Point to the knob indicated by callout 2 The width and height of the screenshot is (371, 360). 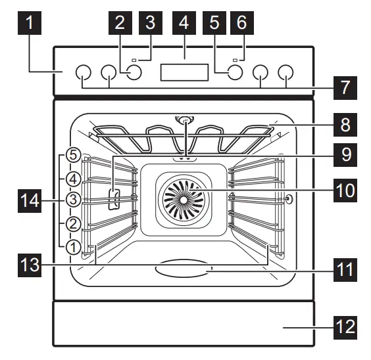134,73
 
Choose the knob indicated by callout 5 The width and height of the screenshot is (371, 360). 235,73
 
